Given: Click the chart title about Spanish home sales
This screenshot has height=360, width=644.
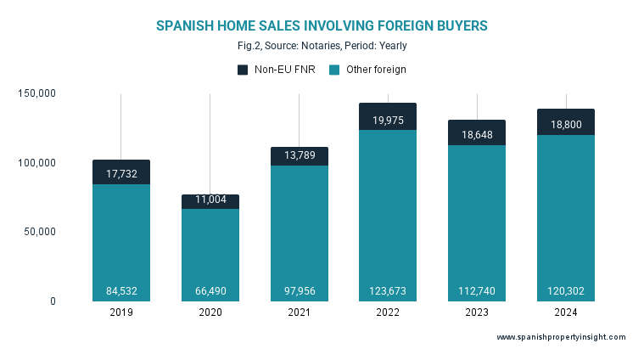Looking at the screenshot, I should tap(322, 26).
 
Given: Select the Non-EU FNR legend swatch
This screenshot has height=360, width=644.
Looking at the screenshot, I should tap(243, 70).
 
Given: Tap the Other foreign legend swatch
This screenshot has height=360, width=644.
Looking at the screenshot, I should tap(334, 70).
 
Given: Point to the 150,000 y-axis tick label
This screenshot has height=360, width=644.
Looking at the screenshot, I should tap(36, 93).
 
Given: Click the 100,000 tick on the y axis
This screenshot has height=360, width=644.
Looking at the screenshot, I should tap(36, 163).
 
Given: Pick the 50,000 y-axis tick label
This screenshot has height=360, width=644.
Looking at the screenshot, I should tap(39, 232).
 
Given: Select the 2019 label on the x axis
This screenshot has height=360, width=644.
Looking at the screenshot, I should tap(121, 312).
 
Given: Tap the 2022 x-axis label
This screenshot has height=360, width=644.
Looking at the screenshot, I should tap(388, 312).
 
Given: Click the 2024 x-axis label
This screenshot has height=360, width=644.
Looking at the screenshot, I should tap(565, 312).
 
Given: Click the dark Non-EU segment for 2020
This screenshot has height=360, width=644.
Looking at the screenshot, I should tap(210, 202).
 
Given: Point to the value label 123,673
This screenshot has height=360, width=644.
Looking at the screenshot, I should tap(388, 291).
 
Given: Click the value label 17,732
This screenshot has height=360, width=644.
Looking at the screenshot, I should tap(121, 174).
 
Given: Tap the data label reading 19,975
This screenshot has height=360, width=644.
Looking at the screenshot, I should tap(388, 121).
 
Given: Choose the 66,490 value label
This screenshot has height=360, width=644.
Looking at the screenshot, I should tap(210, 291).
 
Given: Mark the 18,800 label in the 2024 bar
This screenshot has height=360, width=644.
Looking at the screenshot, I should tap(565, 124).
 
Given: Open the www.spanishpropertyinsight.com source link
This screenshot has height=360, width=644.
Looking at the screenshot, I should tap(561, 337).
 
